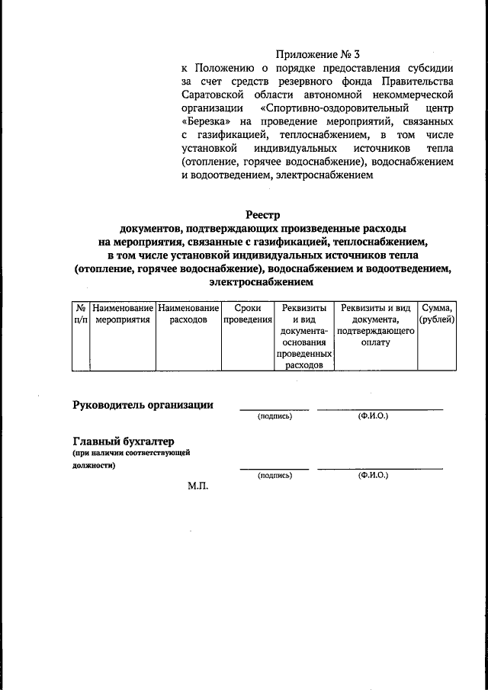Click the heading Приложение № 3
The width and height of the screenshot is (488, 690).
point(316,55)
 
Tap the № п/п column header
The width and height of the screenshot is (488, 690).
point(80,313)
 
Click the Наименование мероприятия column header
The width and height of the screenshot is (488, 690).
point(122,313)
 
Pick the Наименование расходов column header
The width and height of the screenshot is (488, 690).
point(188,313)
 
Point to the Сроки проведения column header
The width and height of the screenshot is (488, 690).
point(248,313)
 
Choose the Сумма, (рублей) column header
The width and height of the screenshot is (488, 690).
point(437,313)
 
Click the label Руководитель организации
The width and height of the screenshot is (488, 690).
point(143,405)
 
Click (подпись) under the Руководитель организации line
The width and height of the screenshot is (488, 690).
point(274,417)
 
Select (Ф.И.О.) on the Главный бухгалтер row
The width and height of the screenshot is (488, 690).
point(373,475)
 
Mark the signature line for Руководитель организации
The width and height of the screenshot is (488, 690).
point(274,410)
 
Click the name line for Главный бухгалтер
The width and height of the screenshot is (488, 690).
point(379,468)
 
